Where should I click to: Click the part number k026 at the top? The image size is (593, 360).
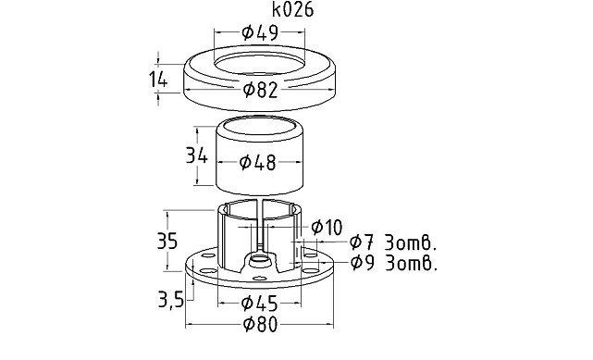click(x=292, y=10)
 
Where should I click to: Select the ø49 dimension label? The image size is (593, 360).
click(x=260, y=32)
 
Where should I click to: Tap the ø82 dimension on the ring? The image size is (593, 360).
click(x=261, y=90)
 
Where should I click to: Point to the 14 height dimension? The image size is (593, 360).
click(x=157, y=81)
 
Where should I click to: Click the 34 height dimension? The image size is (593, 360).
click(x=197, y=155)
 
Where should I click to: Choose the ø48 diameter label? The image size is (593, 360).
click(x=258, y=162)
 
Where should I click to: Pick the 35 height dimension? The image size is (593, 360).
click(x=167, y=241)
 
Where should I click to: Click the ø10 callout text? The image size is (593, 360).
click(x=327, y=228)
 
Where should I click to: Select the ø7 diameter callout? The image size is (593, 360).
click(x=362, y=242)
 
